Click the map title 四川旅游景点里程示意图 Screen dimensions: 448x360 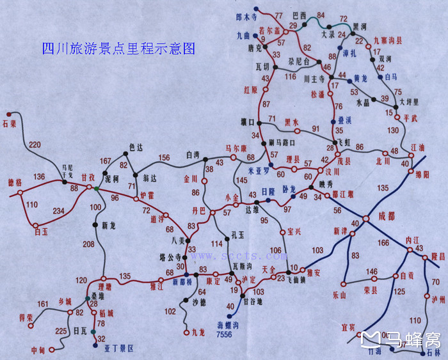pyautogui.click(x=118, y=48)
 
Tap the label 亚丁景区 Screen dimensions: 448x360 pyautogui.click(x=120, y=348)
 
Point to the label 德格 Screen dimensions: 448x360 pyautogui.click(x=13, y=183)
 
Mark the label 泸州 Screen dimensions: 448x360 pyautogui.click(x=438, y=299)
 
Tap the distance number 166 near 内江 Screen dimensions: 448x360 pyautogui.click(x=383, y=242)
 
